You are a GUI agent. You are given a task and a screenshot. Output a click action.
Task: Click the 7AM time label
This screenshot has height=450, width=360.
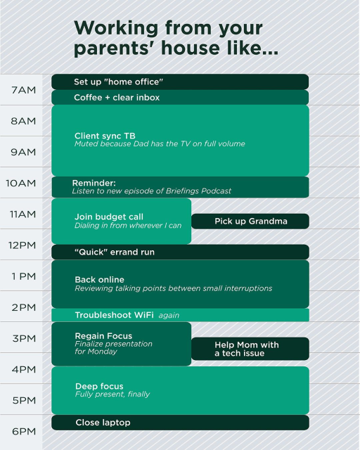[23, 90]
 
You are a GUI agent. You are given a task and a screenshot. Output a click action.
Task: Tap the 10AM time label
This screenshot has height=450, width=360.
[21, 183]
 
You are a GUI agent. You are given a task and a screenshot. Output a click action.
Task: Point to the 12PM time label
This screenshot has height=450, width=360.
[22, 245]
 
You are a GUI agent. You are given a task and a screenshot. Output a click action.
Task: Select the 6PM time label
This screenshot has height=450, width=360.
[23, 430]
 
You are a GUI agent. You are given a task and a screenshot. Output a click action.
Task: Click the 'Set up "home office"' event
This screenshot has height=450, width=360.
[180, 82]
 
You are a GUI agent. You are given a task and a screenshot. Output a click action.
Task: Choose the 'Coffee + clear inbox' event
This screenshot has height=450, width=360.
[180, 97]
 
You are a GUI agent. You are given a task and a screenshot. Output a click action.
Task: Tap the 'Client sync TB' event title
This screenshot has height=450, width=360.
[105, 135]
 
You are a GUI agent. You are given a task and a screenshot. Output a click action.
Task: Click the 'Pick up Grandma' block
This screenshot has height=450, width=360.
[250, 221]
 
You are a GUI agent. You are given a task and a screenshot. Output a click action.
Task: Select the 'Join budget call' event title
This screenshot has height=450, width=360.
[109, 217]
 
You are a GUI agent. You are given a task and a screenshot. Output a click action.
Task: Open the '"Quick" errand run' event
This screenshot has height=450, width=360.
[180, 252]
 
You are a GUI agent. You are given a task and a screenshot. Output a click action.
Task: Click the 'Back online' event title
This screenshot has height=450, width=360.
[100, 279]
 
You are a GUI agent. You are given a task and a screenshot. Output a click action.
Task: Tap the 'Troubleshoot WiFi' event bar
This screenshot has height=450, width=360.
[112, 315]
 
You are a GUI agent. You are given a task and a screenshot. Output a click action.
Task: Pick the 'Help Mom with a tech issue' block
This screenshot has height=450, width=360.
[250, 349]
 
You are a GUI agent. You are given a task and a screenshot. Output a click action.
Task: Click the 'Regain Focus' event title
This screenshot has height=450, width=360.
[103, 336]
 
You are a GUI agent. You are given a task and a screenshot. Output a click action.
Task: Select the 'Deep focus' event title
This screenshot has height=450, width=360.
[99, 386]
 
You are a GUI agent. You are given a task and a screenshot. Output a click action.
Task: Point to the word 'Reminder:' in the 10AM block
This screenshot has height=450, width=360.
[94, 183]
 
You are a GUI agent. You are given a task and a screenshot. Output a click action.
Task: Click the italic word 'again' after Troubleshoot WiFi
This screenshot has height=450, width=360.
[169, 316]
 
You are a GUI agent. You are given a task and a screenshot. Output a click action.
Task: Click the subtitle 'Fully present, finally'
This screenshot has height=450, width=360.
[112, 394]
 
